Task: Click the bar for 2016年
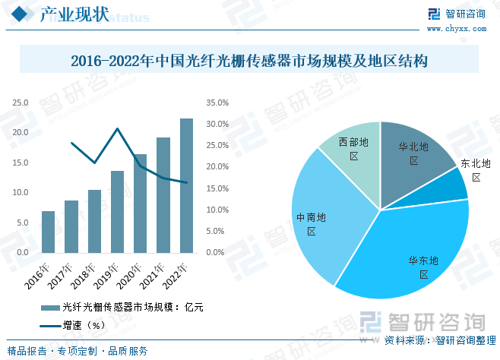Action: pyautogui.click(x=48, y=232)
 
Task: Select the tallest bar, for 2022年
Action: pyautogui.click(x=186, y=185)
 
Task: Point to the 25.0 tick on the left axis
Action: pyautogui.click(x=21, y=103)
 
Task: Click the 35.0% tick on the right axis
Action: pyautogui.click(x=217, y=103)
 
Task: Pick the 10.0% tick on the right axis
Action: pyautogui.click(x=217, y=210)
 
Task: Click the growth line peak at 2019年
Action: pyautogui.click(x=117, y=128)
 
